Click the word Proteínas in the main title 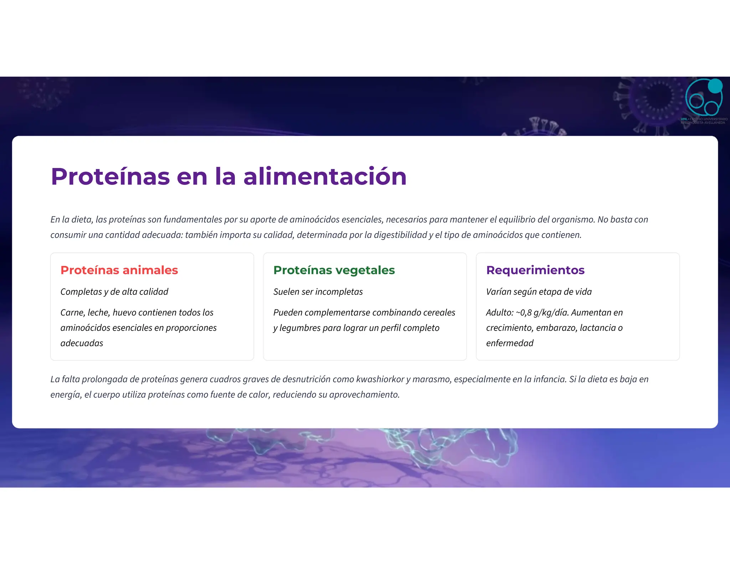coord(110,176)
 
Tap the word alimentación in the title coord(325,176)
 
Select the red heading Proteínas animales coord(119,270)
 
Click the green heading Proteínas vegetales coord(334,270)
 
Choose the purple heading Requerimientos coord(535,270)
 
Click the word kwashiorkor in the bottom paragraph coord(380,379)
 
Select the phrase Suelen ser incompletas coord(318,292)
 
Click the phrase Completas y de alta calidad coord(114,292)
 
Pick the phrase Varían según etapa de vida coord(539,292)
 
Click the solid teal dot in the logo coord(715,86)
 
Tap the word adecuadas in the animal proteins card coord(82,343)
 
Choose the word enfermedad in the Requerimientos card coord(509,343)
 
